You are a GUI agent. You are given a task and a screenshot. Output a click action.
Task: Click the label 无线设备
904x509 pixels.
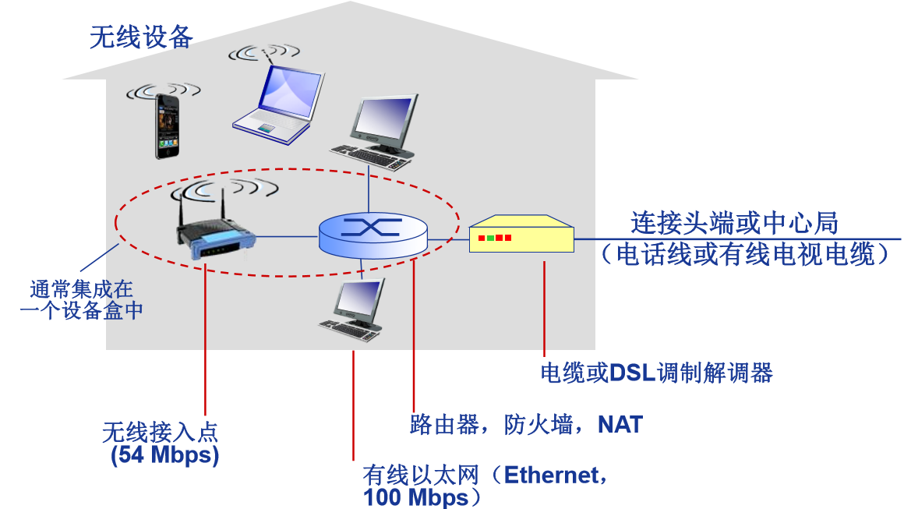[x=141, y=37]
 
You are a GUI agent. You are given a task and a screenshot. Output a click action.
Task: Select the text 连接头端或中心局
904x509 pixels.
[x=734, y=224]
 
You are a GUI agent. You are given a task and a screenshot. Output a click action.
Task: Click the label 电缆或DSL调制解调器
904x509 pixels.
[x=656, y=373]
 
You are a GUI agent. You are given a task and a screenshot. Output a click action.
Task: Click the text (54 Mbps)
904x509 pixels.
[x=164, y=455]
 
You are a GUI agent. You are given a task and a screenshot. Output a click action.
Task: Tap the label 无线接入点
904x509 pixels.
[x=159, y=431]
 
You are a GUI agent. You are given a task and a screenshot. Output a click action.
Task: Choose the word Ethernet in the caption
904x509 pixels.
[x=553, y=475]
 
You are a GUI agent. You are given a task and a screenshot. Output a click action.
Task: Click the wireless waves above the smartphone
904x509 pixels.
[x=164, y=90]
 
